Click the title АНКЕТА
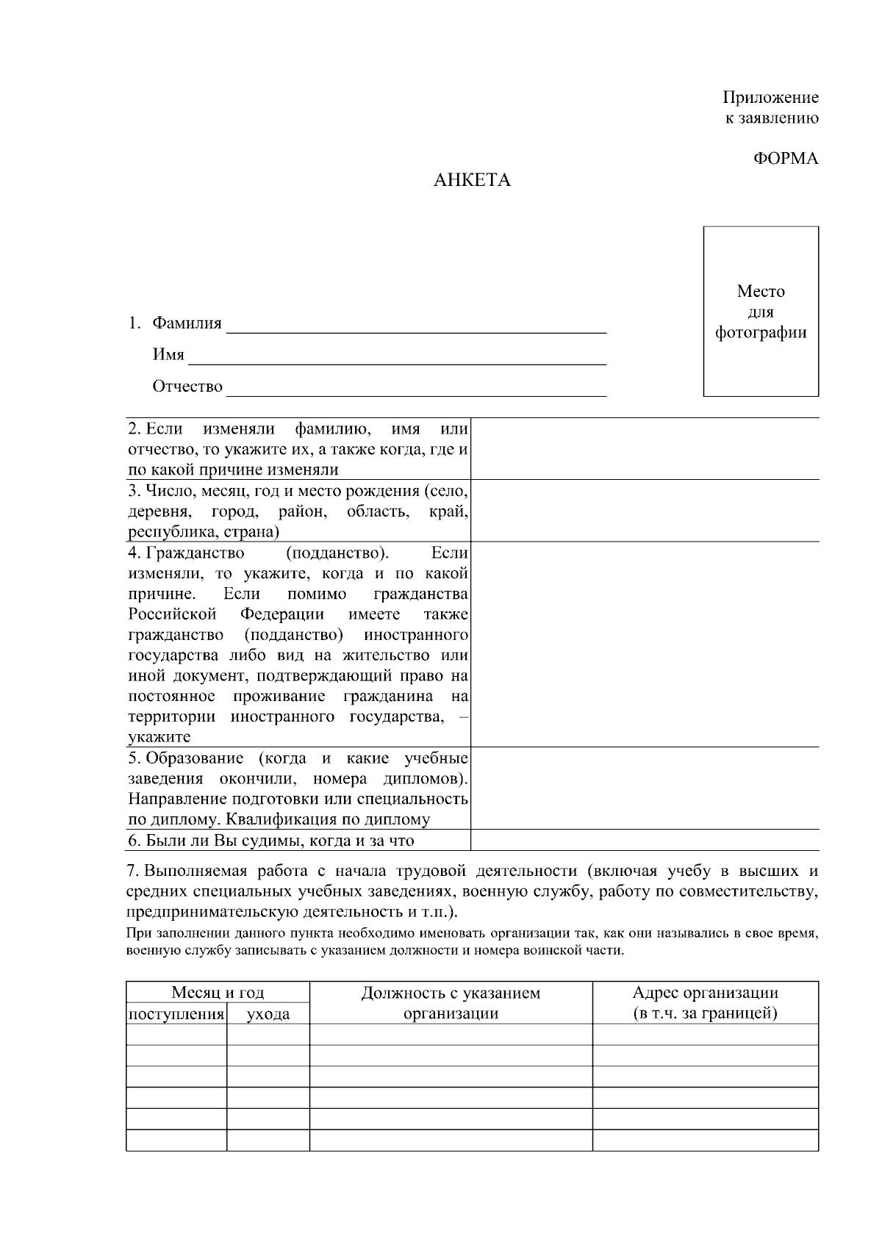pyautogui.click(x=471, y=181)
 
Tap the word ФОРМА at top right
pyautogui.click(x=785, y=159)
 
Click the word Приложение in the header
pyautogui.click(x=770, y=97)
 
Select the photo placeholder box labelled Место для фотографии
pyautogui.click(x=761, y=312)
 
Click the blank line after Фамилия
pyautogui.click(x=416, y=328)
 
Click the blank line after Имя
pyautogui.click(x=397, y=359)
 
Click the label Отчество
pyautogui.click(x=187, y=387)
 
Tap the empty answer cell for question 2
pyautogui.click(x=644, y=449)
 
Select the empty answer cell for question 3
pyautogui.click(x=644, y=511)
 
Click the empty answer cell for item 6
pyautogui.click(x=644, y=840)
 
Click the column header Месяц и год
pyautogui.click(x=218, y=993)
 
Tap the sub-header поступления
pyautogui.click(x=176, y=1015)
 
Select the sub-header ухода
pyautogui.click(x=268, y=1015)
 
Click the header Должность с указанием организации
pyautogui.click(x=451, y=1003)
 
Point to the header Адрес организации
pyautogui.click(x=705, y=993)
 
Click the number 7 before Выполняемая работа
pyautogui.click(x=132, y=872)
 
